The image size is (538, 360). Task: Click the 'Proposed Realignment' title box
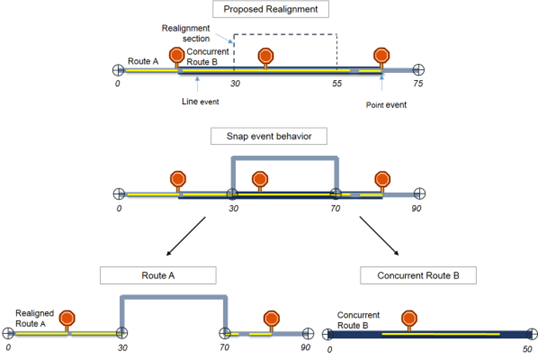click(270, 11)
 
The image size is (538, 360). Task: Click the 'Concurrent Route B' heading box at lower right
click(413, 273)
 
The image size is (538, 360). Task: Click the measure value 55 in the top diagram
click(337, 87)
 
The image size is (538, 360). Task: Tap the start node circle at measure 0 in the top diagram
click(118, 70)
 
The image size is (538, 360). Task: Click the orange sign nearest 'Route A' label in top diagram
click(177, 56)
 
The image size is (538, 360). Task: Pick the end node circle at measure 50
click(528, 334)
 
